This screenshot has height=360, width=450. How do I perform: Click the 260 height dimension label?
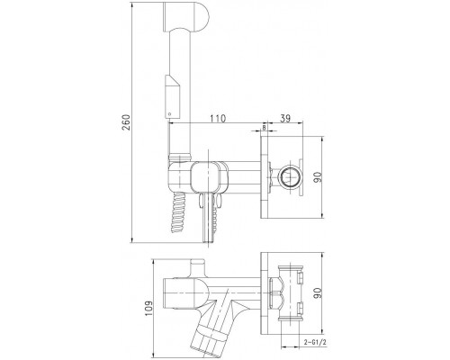point(127,121)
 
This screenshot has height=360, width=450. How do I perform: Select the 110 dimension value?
point(218,119)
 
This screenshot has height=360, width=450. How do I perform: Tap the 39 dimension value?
point(284,119)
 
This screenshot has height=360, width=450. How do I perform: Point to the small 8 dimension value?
point(264,128)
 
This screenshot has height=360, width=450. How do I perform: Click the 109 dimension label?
point(149,310)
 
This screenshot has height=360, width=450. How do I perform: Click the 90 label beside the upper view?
point(318,177)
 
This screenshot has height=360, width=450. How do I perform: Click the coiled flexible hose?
point(179,212)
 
